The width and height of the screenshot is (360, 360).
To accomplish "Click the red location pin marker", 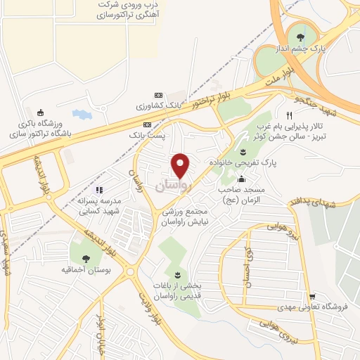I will pyautogui.click(x=181, y=165).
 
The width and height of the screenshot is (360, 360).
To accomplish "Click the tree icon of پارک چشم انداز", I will pyautogui.click(x=302, y=38).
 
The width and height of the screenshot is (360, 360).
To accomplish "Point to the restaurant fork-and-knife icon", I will pyautogui.click(x=288, y=115).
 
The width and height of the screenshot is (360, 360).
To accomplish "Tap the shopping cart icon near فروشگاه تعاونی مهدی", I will pyautogui.click(x=312, y=296).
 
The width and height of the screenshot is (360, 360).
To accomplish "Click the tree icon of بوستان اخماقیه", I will pyautogui.click(x=86, y=259).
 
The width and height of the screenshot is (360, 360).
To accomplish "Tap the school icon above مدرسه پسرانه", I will pyautogui.click(x=99, y=190).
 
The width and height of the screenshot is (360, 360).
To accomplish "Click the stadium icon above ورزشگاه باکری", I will pyautogui.click(x=40, y=112).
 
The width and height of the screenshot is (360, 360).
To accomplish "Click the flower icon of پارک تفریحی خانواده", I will pyautogui.click(x=243, y=152).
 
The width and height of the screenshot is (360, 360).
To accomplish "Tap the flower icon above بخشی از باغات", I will pyautogui.click(x=176, y=274).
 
